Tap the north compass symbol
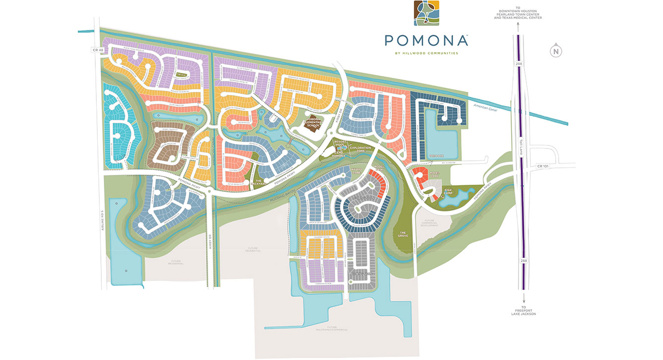(x=556, y=50)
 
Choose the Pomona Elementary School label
(x=313, y=122)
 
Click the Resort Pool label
(x=340, y=143)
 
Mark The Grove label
(x=403, y=233)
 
